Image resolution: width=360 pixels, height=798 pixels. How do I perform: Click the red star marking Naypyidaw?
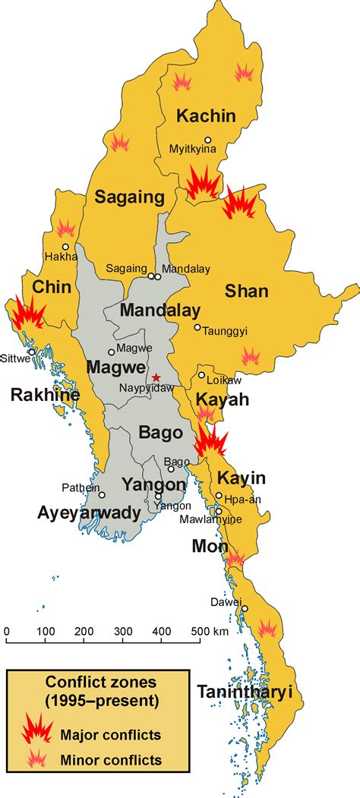click(x=156, y=377)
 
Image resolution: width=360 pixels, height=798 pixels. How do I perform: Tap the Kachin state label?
click(x=206, y=116)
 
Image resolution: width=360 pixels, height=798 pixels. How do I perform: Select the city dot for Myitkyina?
click(x=207, y=140)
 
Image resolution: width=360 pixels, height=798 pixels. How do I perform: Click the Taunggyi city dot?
click(x=197, y=328)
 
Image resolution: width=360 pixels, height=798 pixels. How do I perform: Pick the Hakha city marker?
click(x=66, y=247)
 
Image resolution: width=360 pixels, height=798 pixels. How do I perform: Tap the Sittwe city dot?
click(x=31, y=352)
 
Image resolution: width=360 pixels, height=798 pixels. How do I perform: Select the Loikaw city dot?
click(x=201, y=375)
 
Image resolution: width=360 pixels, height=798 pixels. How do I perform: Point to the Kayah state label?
click(x=223, y=399)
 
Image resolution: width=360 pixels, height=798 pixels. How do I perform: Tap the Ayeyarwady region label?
click(x=89, y=513)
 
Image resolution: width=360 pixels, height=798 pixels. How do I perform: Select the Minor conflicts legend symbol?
click(x=35, y=759)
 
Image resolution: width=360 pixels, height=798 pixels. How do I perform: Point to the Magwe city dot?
click(x=112, y=352)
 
